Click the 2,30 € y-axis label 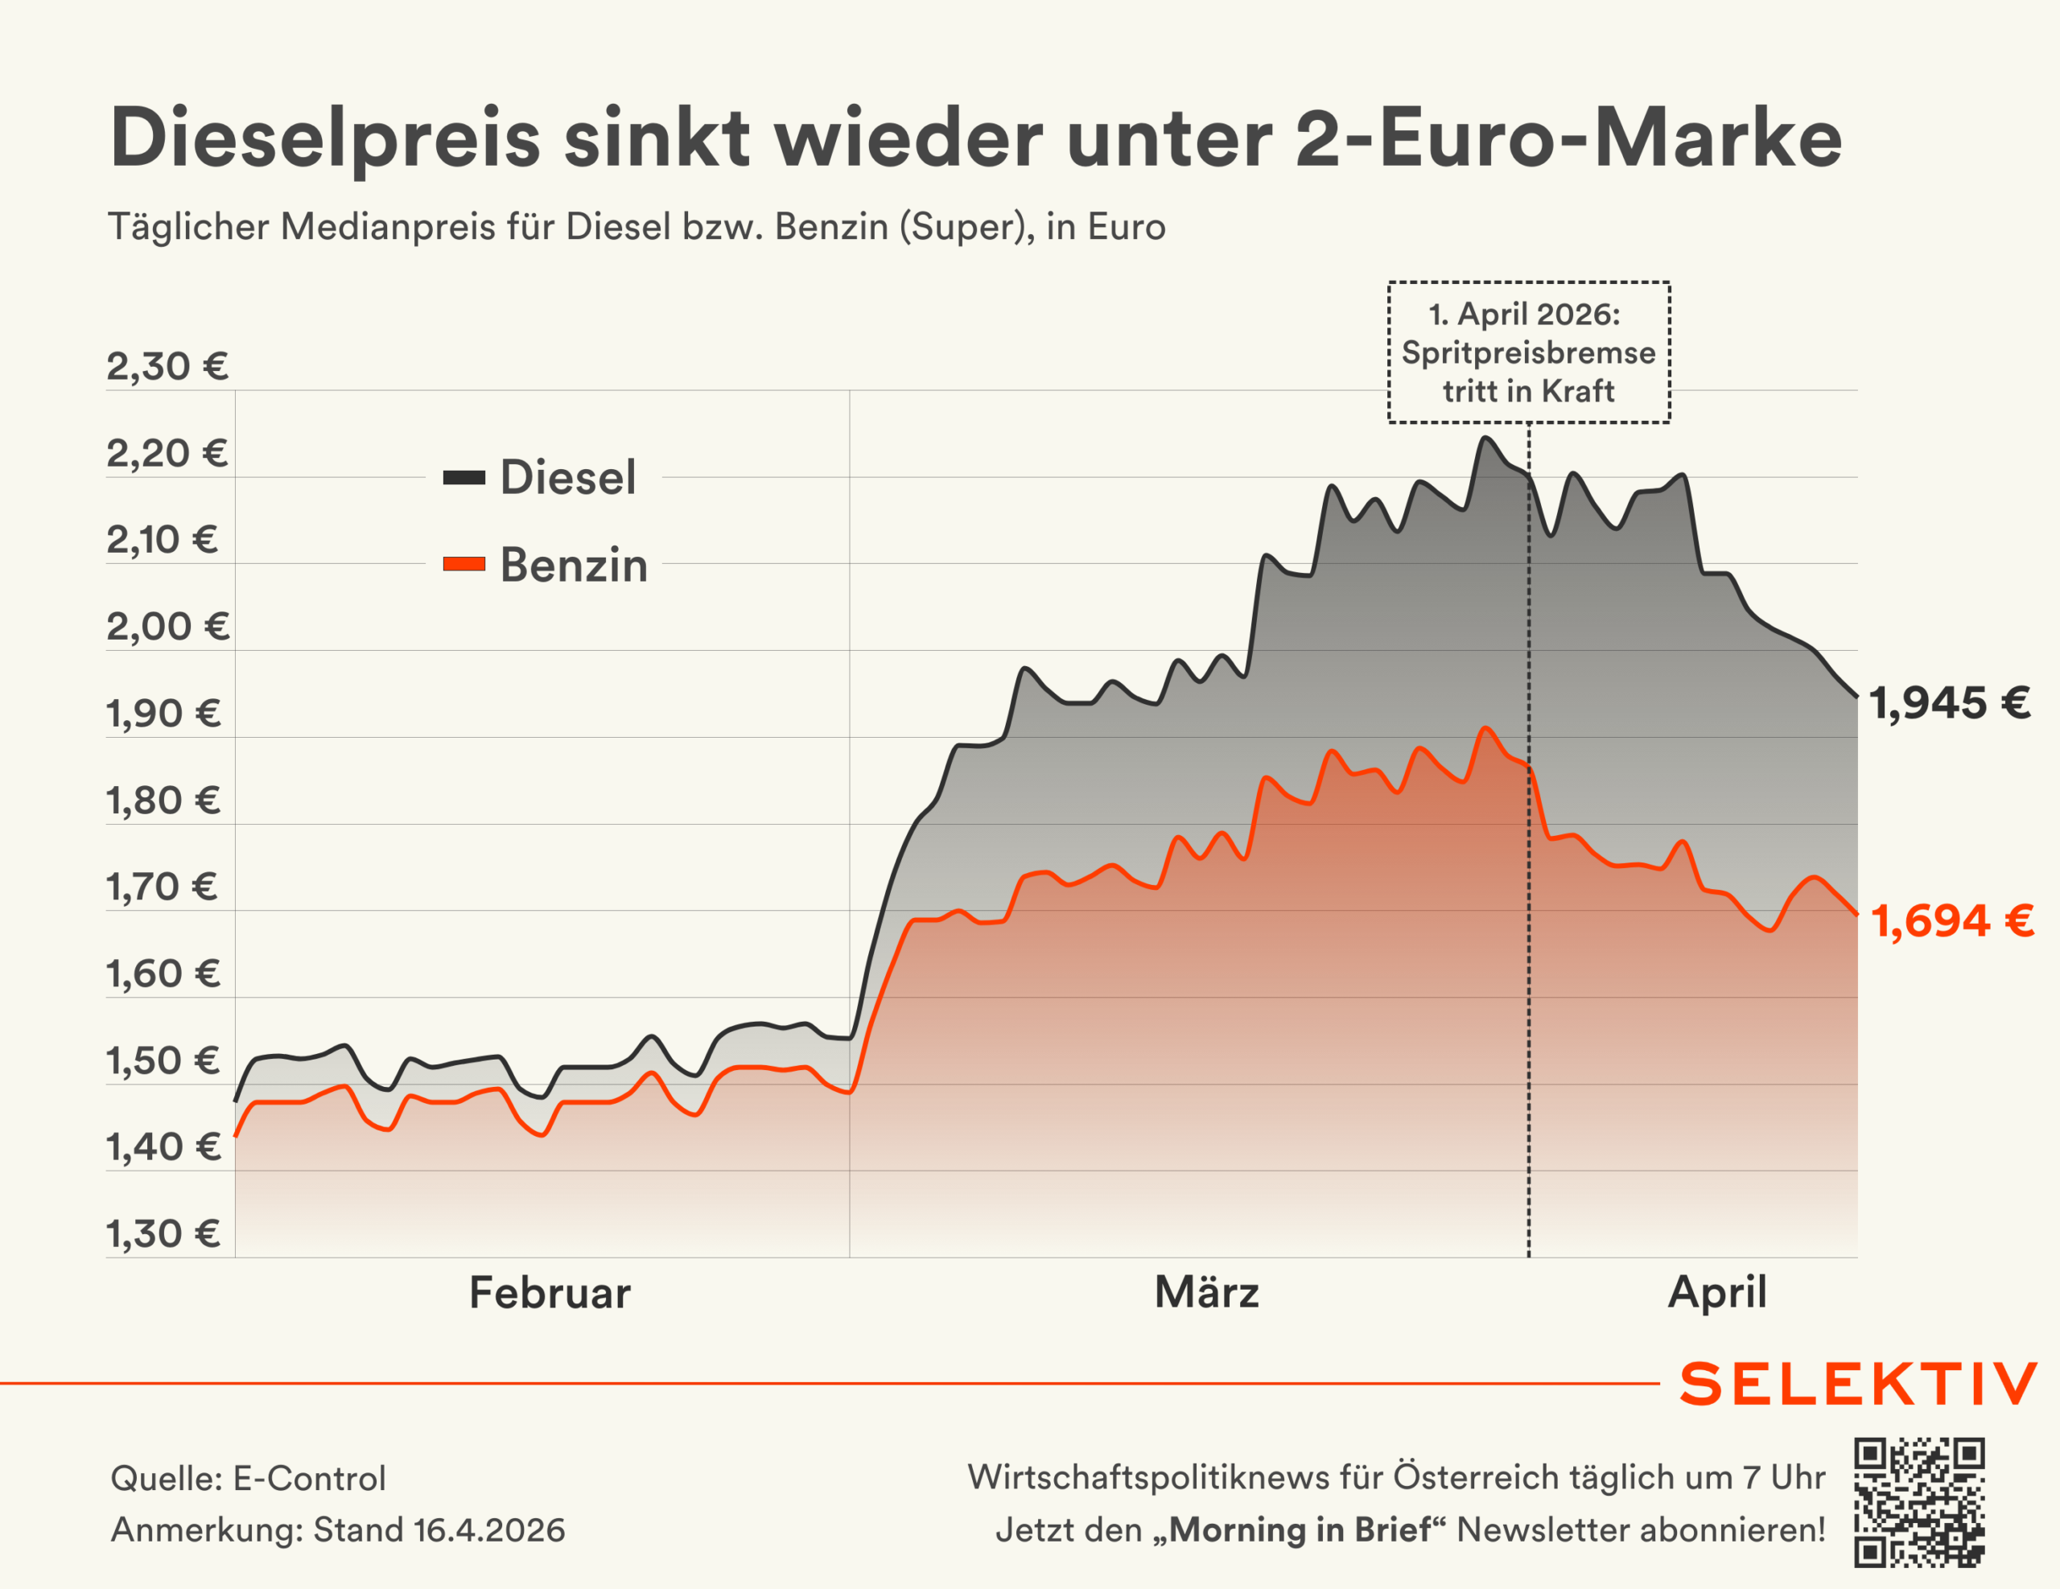[167, 367]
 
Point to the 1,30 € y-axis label [163, 1233]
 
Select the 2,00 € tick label [167, 627]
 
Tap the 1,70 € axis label [163, 887]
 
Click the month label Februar [550, 1293]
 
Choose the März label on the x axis [1206, 1293]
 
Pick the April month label [1716, 1293]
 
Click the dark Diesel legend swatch [464, 478]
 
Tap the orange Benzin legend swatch [464, 565]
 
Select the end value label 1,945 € [1950, 703]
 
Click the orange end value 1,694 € [1951, 921]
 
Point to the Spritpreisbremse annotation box [1528, 352]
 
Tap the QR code [1919, 1503]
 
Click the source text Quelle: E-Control [248, 1479]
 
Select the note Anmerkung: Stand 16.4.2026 [338, 1529]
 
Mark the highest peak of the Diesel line [1485, 438]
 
